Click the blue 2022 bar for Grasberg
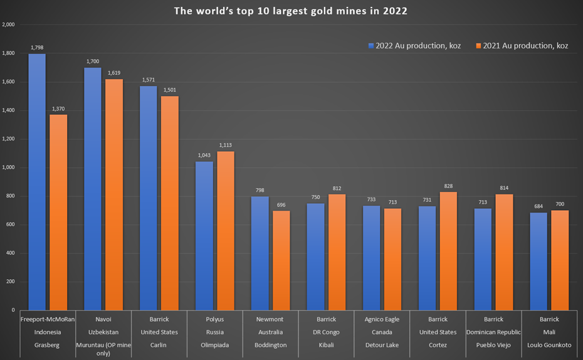[x=37, y=182]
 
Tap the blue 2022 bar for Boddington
[x=260, y=253]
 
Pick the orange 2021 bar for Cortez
[x=448, y=251]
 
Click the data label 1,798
[x=37, y=48]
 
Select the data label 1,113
[x=226, y=146]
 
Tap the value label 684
[x=538, y=207]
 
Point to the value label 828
[x=448, y=186]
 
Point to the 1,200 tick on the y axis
[x=9, y=139]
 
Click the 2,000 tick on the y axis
[x=9, y=25]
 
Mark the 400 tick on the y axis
[x=10, y=253]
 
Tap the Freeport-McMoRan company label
[x=48, y=319]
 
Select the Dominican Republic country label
[x=493, y=332]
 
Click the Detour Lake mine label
[x=382, y=346]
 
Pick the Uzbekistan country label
[x=103, y=332]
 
